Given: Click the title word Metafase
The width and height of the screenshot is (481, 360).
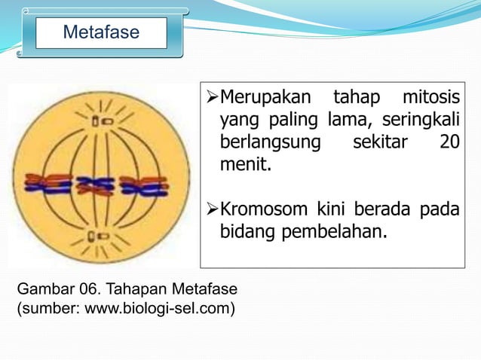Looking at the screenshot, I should coord(100,33).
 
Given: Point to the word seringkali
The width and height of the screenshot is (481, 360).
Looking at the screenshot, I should coord(422,121).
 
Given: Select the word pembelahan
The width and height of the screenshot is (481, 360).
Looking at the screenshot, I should coord(335,230).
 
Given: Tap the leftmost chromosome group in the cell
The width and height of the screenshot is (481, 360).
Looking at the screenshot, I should coord(47,184).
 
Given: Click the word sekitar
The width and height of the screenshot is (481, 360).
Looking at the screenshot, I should coord(377,142).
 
